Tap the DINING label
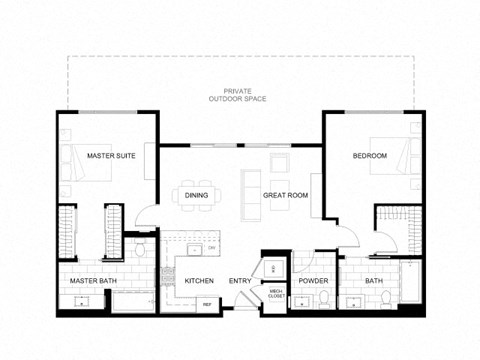[x=196, y=195]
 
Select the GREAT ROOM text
[x=285, y=195]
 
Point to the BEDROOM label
[x=371, y=156]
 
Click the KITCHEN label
[x=200, y=281]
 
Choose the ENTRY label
[x=240, y=281]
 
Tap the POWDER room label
[x=313, y=281]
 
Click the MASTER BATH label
[x=93, y=281]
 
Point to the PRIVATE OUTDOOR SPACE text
[x=238, y=96]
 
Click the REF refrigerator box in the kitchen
[x=207, y=303]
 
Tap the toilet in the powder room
[x=323, y=297]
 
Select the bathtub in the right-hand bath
[x=410, y=286]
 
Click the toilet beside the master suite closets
[x=141, y=246]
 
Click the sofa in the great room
[x=250, y=194]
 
